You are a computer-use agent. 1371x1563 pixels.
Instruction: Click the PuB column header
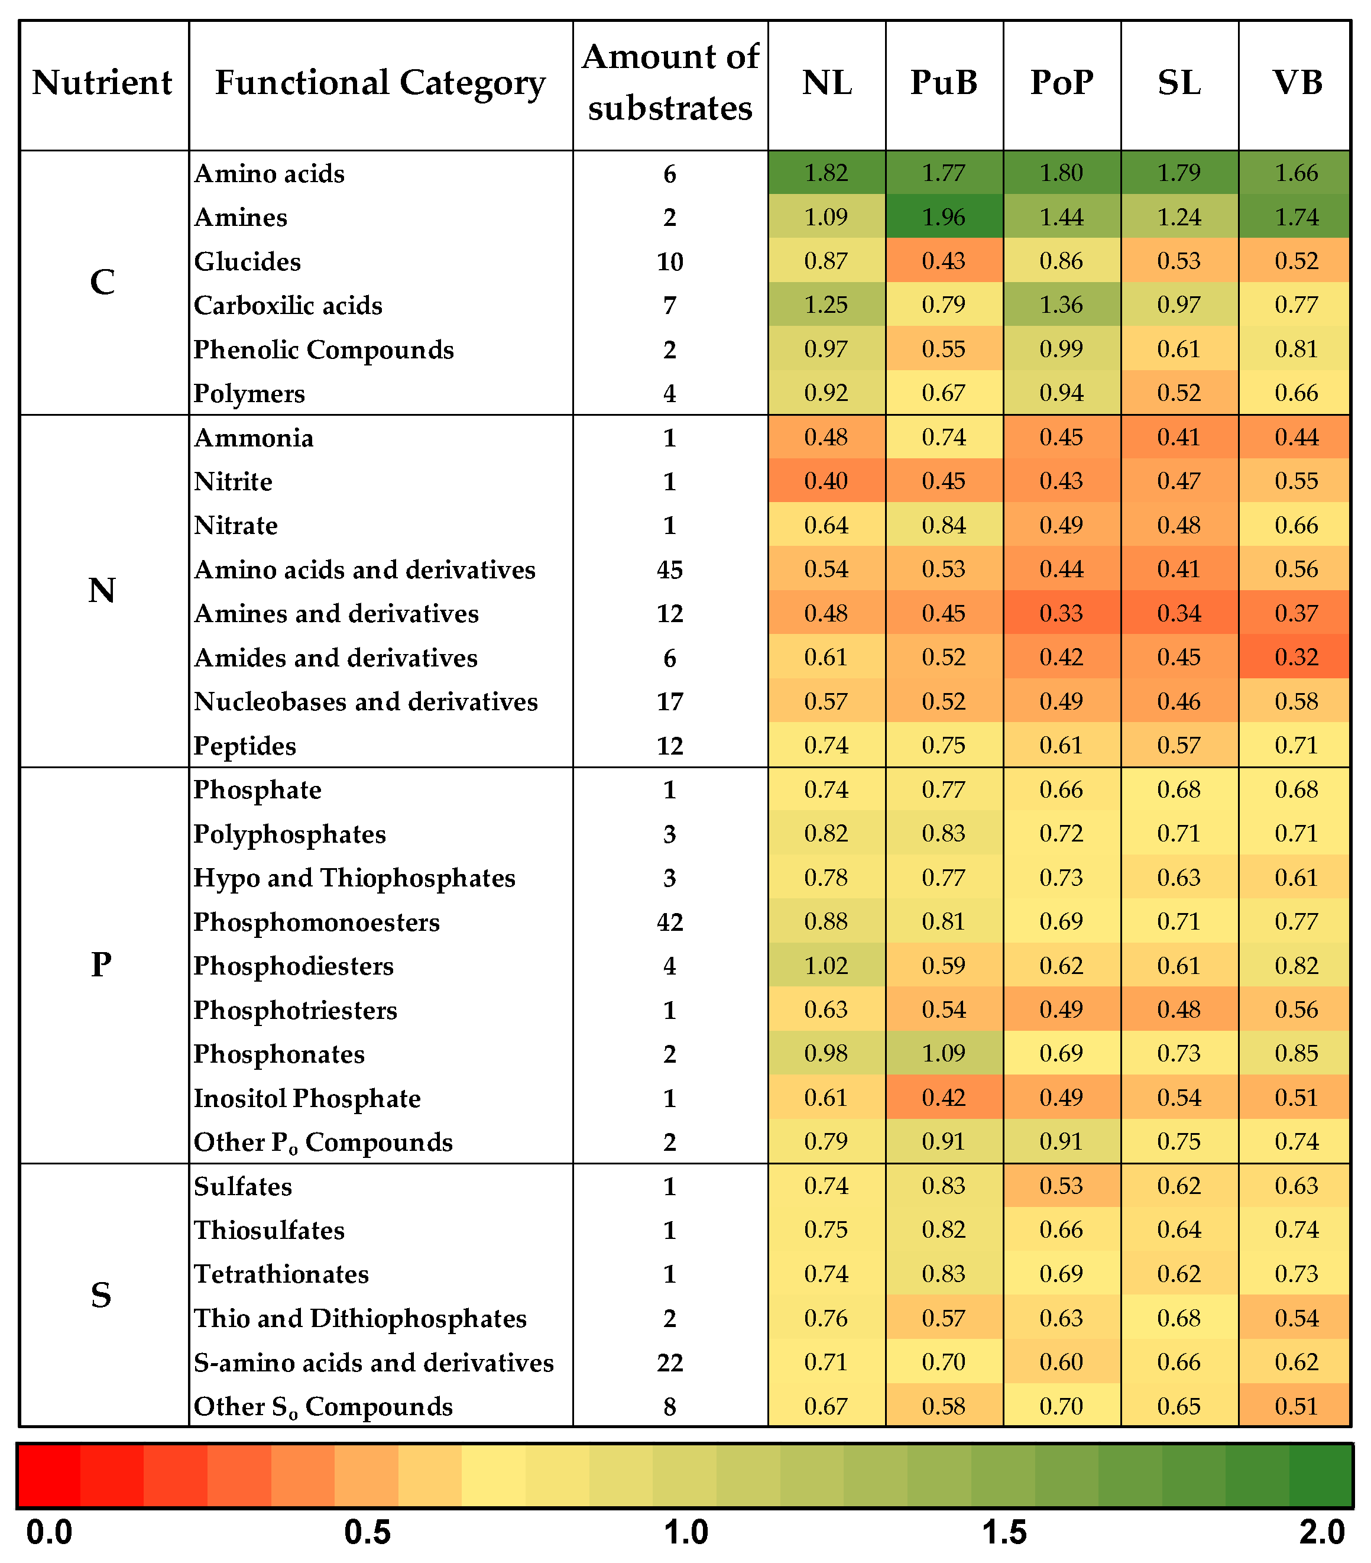point(944,83)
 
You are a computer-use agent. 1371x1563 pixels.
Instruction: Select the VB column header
point(1297,83)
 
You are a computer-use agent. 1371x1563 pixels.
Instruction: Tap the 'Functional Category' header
point(380,83)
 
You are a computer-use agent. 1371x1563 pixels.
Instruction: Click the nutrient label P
point(102,965)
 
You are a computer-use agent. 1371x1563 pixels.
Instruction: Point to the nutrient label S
point(102,1295)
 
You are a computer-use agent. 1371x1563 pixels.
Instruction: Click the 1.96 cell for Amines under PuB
point(944,217)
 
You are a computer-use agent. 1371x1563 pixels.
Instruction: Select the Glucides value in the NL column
point(826,261)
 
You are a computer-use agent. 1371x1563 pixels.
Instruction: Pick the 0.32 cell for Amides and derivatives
point(1297,658)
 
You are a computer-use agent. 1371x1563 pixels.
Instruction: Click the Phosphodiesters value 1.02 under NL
point(826,966)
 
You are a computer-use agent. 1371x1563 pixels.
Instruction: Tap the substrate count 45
point(670,569)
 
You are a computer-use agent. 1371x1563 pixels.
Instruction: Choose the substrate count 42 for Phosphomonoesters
point(670,922)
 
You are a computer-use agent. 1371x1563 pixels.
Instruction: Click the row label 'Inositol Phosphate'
point(307,1098)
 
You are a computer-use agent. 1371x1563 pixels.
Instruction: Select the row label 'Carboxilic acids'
point(287,306)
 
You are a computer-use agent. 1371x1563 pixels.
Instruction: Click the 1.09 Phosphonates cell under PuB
point(944,1054)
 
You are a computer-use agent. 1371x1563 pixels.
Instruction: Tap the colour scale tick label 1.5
point(1004,1532)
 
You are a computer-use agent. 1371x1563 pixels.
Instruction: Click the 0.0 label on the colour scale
point(49,1532)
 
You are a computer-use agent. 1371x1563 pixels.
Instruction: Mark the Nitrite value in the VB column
point(1297,481)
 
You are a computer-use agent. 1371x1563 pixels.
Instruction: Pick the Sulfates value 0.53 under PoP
point(1061,1186)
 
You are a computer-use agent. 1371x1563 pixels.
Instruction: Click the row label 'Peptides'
point(245,746)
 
